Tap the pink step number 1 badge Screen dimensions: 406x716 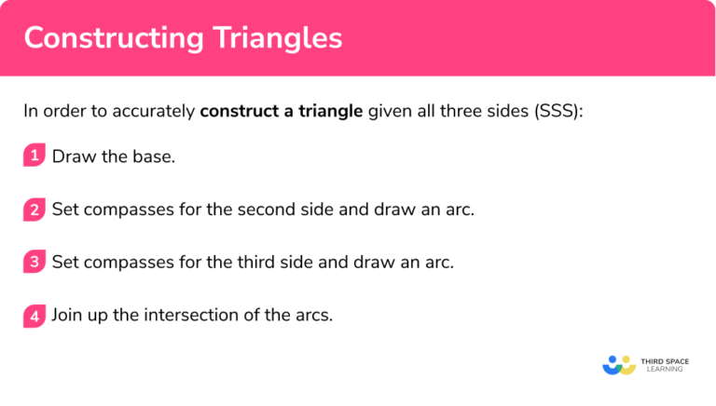click(x=34, y=156)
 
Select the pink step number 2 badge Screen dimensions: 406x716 click(x=34, y=210)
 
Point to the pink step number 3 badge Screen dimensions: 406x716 click(x=34, y=263)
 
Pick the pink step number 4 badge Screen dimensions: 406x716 click(x=34, y=316)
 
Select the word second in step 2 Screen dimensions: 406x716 click(x=238, y=210)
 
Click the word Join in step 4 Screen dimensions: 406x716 click(x=68, y=316)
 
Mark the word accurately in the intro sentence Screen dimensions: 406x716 click(x=156, y=112)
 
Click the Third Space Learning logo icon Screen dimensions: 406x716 click(x=618, y=364)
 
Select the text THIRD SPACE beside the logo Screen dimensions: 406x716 click(x=664, y=359)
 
